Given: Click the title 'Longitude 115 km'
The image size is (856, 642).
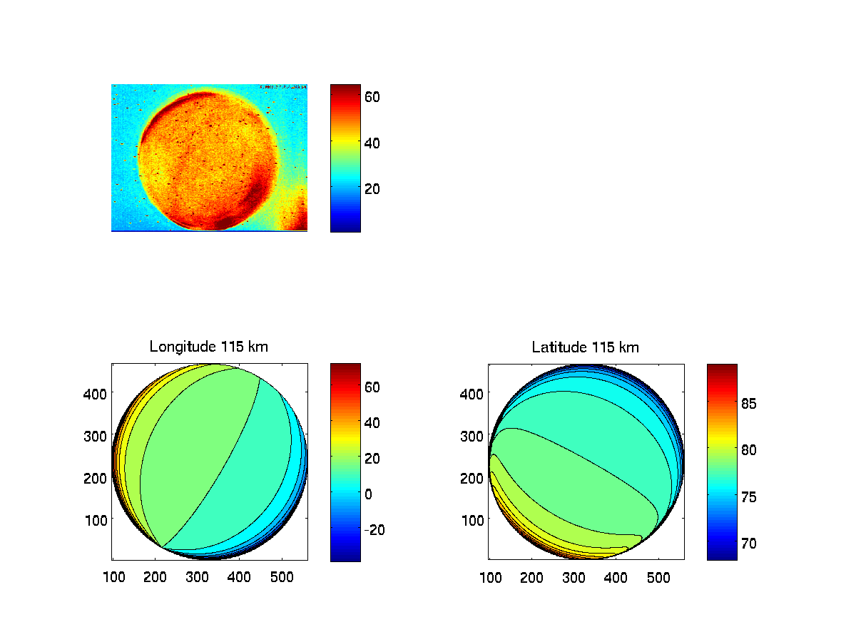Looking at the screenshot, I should [x=203, y=347].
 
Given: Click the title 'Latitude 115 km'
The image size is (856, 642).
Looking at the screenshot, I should [x=585, y=347].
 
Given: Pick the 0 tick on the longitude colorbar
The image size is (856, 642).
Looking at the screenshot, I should [x=369, y=494].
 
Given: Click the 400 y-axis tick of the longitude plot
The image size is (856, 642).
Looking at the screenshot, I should [x=96, y=393].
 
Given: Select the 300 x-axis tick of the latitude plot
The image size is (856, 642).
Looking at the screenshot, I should [x=574, y=577].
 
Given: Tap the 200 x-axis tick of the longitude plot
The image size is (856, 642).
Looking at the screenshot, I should [x=155, y=577].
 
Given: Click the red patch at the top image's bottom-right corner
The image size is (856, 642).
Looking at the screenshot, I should [x=298, y=216].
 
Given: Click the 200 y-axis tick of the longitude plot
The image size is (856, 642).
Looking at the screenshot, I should [x=96, y=478].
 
